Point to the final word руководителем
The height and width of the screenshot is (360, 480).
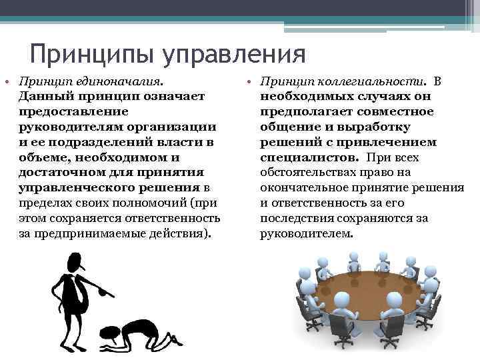305,234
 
